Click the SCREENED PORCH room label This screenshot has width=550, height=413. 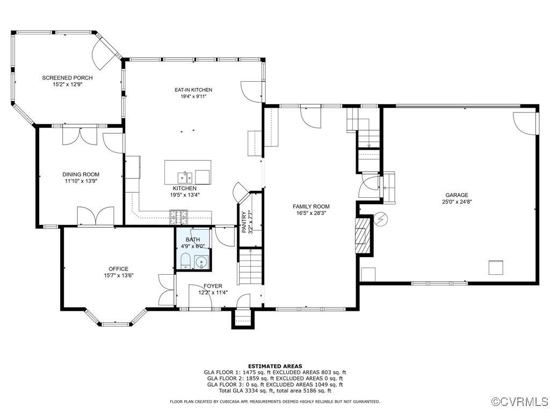coord(67,78)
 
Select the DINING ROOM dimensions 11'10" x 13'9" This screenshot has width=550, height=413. coord(81,181)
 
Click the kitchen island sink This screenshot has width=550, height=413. coord(186,176)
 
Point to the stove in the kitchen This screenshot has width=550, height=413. coord(179,217)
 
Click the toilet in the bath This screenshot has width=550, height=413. coord(185,261)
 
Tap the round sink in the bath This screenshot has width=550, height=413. coord(201,262)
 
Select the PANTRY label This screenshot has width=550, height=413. coord(244,222)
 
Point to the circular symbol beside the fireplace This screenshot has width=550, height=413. coord(380,219)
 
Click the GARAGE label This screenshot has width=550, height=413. coord(456,195)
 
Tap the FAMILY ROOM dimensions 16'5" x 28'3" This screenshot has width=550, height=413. coord(311,213)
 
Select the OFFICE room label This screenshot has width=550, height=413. coord(118,269)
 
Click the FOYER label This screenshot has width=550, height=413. coord(213,286)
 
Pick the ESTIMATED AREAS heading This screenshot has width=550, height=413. coord(274,366)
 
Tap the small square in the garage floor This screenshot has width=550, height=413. coord(495,267)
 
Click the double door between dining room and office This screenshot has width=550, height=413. coord(96,216)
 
